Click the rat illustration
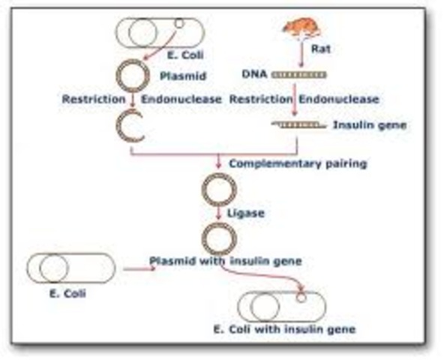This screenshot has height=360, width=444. click(x=300, y=29)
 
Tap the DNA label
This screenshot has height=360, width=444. click(x=253, y=75)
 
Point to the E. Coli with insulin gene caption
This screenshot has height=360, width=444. click(x=283, y=329)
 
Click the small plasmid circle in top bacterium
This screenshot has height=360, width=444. click(x=178, y=23)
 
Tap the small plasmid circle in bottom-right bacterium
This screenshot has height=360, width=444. click(x=301, y=297)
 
